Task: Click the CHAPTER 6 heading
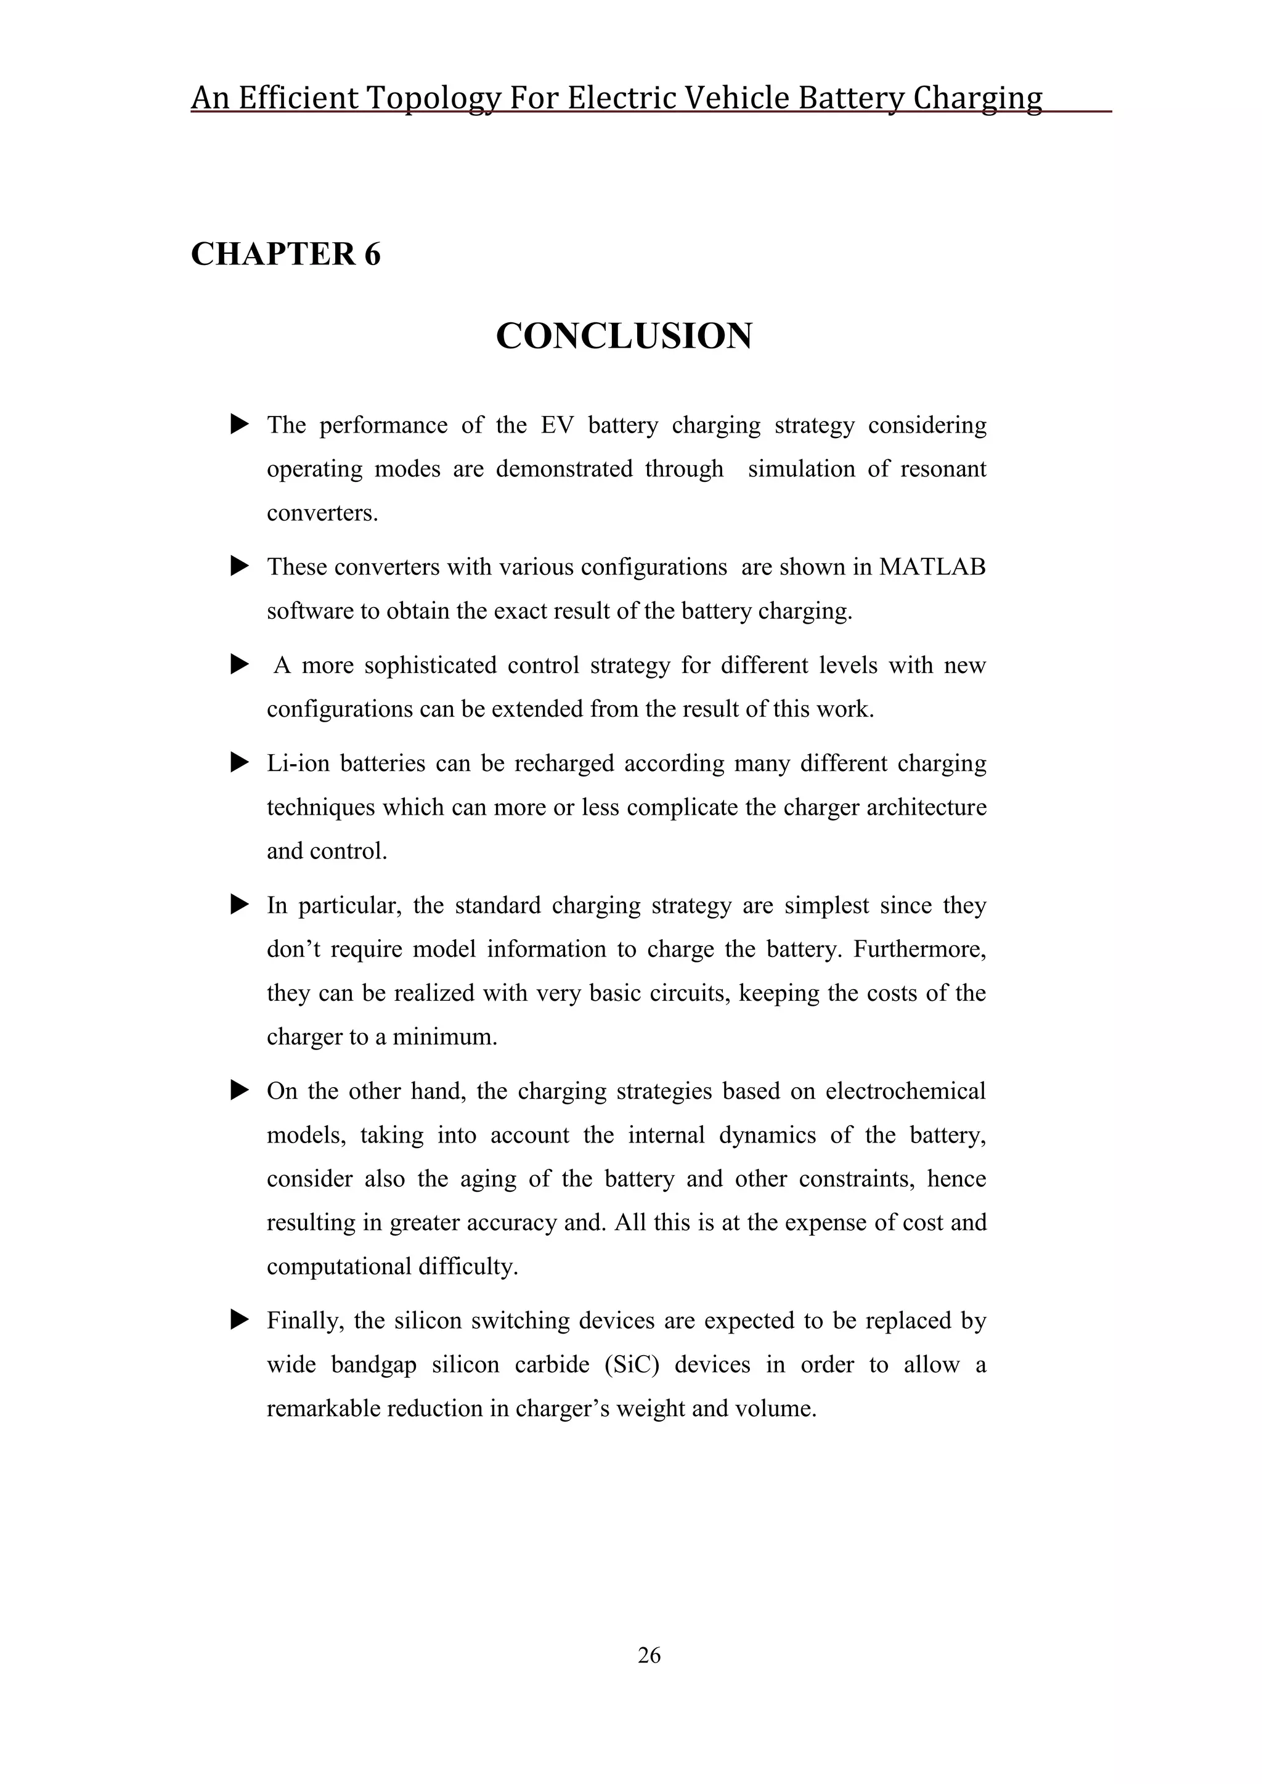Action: (285, 254)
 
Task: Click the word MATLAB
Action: (932, 567)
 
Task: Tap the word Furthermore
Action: (919, 949)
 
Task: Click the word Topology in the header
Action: (434, 99)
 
